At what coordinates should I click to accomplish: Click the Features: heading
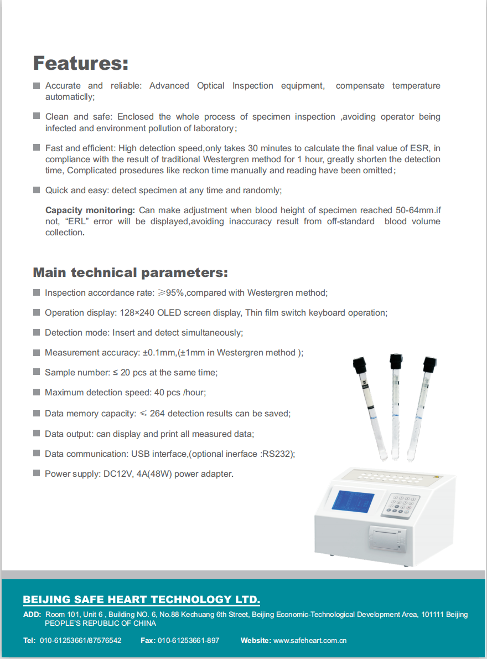point(81,63)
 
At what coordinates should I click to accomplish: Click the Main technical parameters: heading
point(130,272)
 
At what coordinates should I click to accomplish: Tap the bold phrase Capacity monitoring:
point(90,210)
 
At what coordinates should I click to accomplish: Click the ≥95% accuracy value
point(170,292)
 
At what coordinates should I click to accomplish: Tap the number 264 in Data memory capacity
point(157,414)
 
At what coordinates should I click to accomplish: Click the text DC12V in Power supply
point(116,474)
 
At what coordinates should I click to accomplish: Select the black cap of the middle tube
point(396,361)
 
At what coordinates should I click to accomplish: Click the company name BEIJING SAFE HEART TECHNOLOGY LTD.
point(141,600)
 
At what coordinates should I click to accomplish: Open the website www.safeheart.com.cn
point(310,640)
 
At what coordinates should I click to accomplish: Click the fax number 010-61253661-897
point(188,640)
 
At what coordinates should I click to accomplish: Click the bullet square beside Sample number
point(37,372)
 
